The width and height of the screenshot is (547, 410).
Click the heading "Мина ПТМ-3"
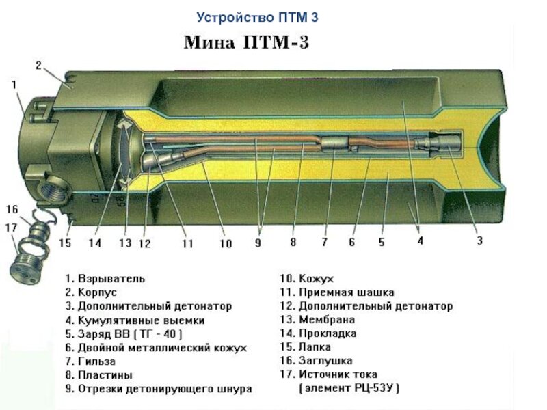point(247,43)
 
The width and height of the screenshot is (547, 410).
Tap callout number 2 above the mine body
point(39,66)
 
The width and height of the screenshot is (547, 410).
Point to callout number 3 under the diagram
point(480,240)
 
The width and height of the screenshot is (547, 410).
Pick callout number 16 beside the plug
point(12,208)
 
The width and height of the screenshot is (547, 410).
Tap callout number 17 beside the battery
point(12,226)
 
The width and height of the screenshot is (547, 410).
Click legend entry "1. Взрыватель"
point(105,279)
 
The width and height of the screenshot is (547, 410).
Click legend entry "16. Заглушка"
point(316,360)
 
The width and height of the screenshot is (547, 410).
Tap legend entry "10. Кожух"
point(306,279)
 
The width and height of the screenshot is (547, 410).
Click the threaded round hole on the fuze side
point(52,185)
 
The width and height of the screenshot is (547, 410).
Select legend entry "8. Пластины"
point(98,374)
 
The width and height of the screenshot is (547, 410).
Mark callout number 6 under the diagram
point(351,241)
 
